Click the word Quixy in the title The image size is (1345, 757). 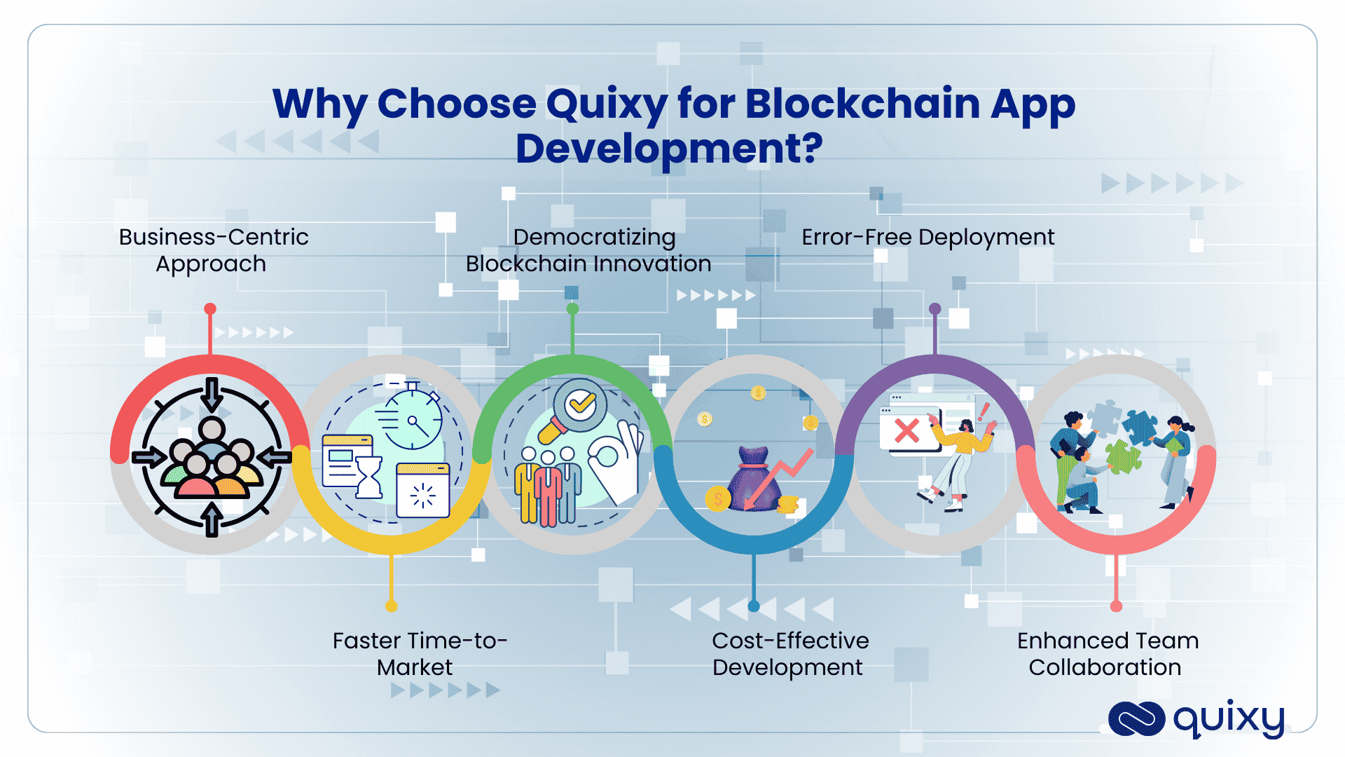[x=607, y=104]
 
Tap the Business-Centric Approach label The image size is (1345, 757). [x=213, y=250]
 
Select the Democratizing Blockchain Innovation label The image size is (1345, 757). [x=588, y=250]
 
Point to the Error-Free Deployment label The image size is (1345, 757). [x=927, y=238]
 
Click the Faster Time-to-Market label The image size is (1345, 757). [x=419, y=653]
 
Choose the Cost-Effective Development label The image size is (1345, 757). [x=789, y=653]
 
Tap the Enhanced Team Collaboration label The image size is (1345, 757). [x=1107, y=653]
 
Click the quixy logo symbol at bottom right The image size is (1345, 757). [x=1136, y=719]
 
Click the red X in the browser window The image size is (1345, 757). [x=906, y=430]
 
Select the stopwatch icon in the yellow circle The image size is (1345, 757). [x=414, y=418]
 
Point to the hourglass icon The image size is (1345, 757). [x=368, y=477]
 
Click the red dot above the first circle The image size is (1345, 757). [x=210, y=309]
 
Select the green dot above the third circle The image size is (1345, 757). [x=572, y=309]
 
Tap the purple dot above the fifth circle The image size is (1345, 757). [x=934, y=309]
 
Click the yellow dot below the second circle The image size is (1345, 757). [x=391, y=606]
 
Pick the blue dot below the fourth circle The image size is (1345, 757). [x=754, y=606]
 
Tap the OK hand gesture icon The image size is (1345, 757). [x=616, y=459]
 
